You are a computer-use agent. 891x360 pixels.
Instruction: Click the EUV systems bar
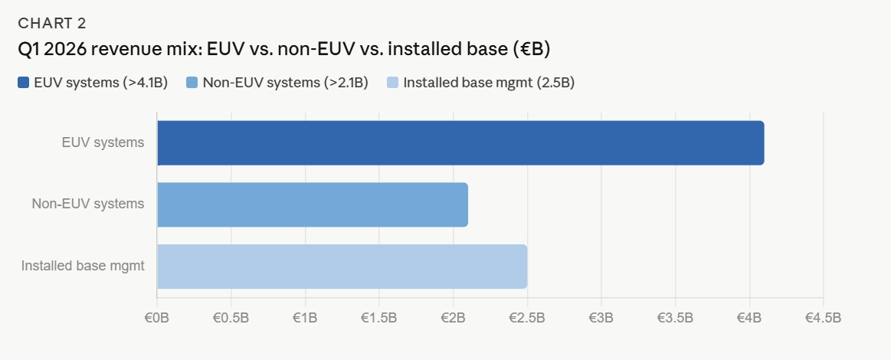(x=460, y=142)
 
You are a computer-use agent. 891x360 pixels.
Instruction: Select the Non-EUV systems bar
(x=312, y=205)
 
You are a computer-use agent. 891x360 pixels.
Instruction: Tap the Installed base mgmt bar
(x=342, y=267)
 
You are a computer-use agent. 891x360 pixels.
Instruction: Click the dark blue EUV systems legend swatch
(x=24, y=83)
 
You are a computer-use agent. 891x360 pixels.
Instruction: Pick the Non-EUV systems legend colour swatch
(x=192, y=83)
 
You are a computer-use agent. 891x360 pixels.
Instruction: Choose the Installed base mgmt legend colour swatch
(x=393, y=83)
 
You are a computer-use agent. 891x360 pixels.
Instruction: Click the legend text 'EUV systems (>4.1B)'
(x=100, y=83)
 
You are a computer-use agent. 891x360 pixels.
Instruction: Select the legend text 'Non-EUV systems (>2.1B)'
(x=285, y=83)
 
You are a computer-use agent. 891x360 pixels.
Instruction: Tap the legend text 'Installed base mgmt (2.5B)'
(x=489, y=83)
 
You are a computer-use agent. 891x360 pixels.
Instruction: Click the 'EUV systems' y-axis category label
(x=103, y=142)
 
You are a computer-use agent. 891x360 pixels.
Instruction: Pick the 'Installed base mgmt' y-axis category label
(x=83, y=267)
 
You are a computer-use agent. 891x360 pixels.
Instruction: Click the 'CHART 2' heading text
(x=53, y=22)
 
